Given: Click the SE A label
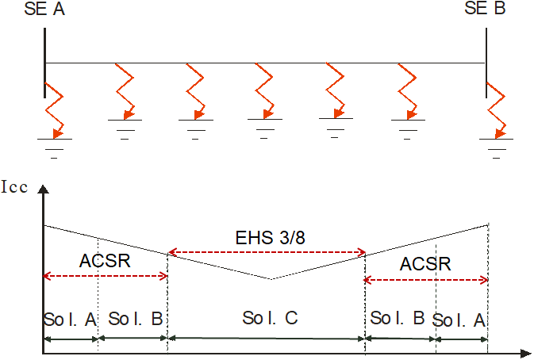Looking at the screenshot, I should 46,10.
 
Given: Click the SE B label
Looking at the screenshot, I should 485,9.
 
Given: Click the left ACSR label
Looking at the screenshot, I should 105,261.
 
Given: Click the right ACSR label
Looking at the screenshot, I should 426,264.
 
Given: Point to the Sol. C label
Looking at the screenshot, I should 270,318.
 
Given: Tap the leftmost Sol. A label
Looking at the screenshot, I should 70,319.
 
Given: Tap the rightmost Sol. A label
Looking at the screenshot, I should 460,320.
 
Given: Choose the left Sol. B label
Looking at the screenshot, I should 135,319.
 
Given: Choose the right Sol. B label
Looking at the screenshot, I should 398,319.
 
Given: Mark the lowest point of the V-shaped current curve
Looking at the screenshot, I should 271,279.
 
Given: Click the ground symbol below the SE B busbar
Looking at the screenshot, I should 496,144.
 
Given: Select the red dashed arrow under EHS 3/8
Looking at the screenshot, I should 267,253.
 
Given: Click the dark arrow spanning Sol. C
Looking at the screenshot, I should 267,339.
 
